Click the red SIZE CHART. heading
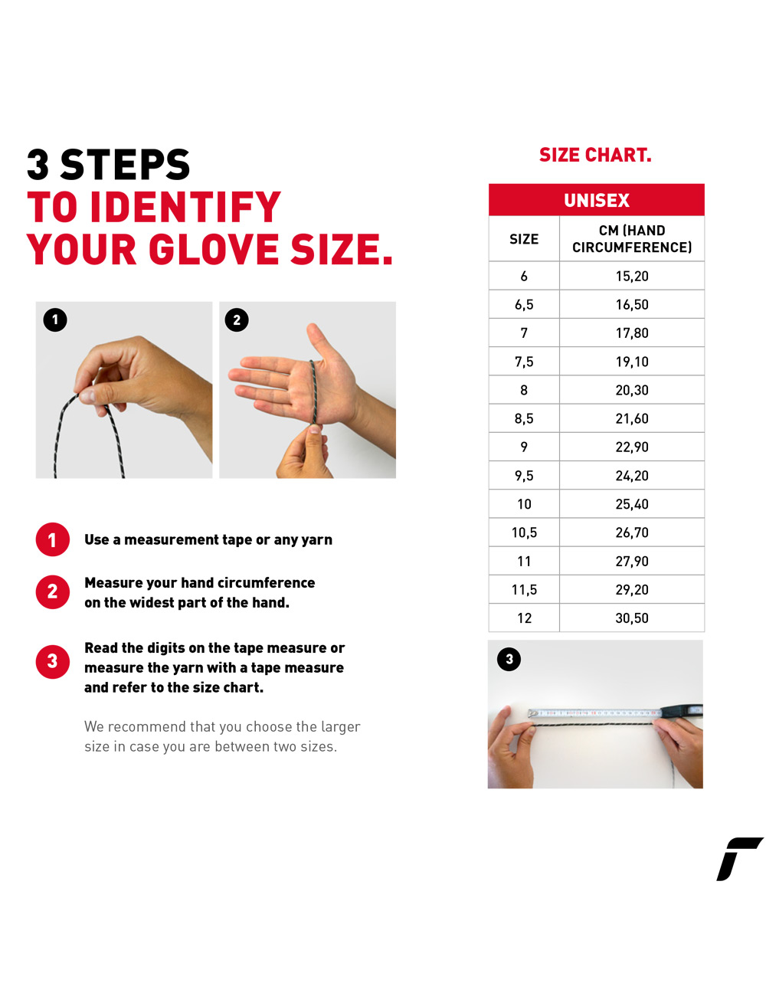click(594, 155)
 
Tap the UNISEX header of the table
click(596, 200)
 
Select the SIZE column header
click(524, 239)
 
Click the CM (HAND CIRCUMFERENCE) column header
click(631, 239)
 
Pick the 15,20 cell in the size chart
click(631, 276)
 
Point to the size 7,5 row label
click(524, 362)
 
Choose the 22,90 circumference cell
click(631, 447)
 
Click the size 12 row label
click(524, 618)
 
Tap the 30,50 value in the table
click(631, 618)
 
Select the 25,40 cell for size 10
click(631, 503)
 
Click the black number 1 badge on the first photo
click(55, 319)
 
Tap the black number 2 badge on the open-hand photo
click(237, 319)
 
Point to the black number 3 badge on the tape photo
click(509, 659)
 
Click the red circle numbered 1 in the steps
click(53, 539)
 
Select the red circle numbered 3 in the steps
click(53, 661)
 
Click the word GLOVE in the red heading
click(213, 249)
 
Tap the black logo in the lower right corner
click(738, 859)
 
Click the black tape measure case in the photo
click(682, 712)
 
